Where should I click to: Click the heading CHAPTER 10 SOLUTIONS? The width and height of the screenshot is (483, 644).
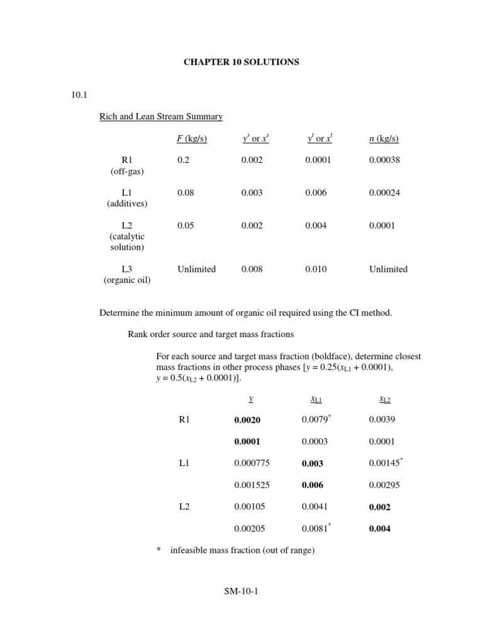click(241, 62)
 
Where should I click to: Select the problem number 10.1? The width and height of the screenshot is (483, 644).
click(80, 96)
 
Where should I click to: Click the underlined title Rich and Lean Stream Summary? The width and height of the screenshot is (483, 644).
click(161, 117)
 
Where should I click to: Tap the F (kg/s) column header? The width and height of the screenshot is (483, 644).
click(192, 139)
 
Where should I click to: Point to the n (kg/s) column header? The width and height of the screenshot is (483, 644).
click(384, 139)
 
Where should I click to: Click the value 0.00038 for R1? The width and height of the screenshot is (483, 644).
click(384, 160)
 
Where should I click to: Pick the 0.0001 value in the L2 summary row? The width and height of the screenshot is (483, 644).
click(382, 226)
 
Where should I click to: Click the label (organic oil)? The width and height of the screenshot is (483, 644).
click(127, 280)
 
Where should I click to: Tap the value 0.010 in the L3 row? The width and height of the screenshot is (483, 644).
click(316, 269)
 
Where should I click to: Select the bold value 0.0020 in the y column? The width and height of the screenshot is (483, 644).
click(247, 420)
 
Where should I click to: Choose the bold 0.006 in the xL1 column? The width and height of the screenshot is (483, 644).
click(313, 486)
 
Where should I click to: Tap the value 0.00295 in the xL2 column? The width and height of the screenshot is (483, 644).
click(384, 486)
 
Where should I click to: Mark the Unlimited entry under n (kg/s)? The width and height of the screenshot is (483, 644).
click(388, 269)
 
